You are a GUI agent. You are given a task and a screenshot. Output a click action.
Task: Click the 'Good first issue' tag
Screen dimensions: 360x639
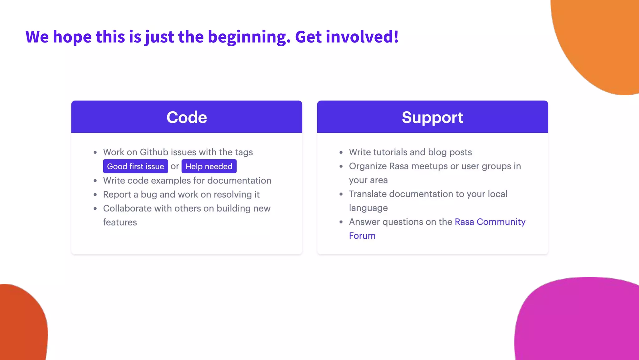(x=135, y=166)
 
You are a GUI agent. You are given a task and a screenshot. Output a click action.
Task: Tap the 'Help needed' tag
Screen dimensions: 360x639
(x=209, y=166)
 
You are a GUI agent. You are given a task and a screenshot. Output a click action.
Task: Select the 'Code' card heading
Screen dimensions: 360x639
(x=187, y=117)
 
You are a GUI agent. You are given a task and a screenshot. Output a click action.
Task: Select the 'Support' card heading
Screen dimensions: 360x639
(x=432, y=117)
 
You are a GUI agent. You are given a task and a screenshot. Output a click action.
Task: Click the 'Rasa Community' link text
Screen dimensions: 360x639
(x=490, y=222)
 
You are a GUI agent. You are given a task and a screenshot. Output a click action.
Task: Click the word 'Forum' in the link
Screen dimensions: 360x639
(x=362, y=236)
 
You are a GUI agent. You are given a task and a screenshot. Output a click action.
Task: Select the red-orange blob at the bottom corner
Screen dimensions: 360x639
(x=22, y=325)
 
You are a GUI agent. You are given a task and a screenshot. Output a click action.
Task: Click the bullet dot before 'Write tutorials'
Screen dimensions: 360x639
(x=341, y=152)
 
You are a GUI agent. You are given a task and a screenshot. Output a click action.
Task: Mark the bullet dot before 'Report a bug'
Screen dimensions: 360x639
(x=95, y=195)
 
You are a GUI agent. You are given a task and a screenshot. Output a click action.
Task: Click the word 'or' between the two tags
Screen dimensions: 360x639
(x=175, y=166)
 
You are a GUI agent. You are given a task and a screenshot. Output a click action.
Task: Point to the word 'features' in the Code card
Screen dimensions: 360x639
(x=120, y=222)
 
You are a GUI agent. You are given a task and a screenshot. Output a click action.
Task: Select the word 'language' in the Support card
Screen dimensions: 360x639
(x=368, y=208)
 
